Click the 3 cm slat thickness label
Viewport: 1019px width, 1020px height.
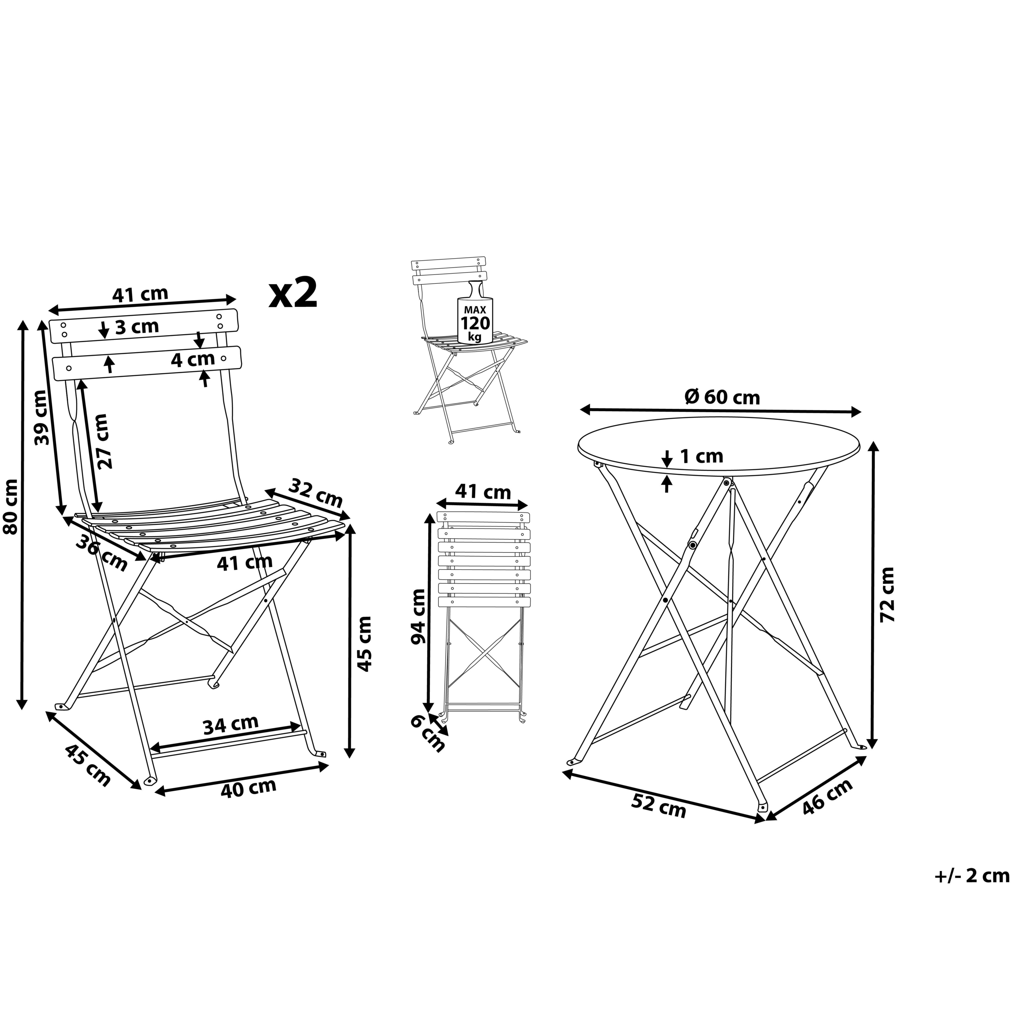(137, 327)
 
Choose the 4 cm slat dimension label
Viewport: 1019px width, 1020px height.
(193, 359)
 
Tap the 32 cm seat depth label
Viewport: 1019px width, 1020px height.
(317, 492)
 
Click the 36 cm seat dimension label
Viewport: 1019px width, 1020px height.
(101, 553)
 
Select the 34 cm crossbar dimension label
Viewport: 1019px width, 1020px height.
(231, 724)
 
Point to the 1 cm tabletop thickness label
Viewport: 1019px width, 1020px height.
(701, 456)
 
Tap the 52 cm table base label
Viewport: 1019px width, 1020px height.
(659, 806)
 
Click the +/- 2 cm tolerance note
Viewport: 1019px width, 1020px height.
(972, 875)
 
